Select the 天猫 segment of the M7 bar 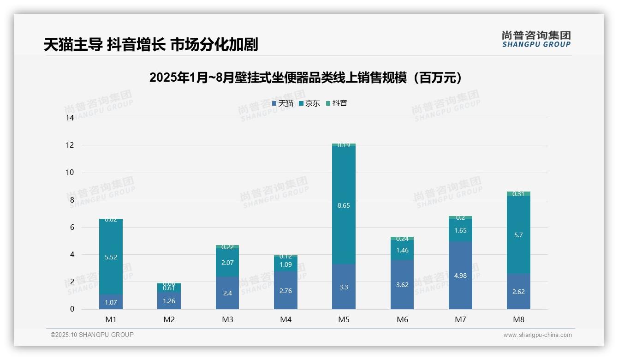pyautogui.click(x=460, y=275)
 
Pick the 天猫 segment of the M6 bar pyautogui.click(x=402, y=284)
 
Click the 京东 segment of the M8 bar pyautogui.click(x=518, y=234)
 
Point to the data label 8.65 pyautogui.click(x=344, y=206)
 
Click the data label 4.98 pyautogui.click(x=460, y=276)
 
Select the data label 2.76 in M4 pyautogui.click(x=285, y=291)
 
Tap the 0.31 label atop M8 pyautogui.click(x=518, y=194)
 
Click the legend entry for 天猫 pyautogui.click(x=283, y=103)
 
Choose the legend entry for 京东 pyautogui.click(x=309, y=103)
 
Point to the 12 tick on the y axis pyautogui.click(x=70, y=145)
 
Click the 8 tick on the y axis pyautogui.click(x=71, y=200)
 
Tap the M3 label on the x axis pyautogui.click(x=227, y=319)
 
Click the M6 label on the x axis pyautogui.click(x=402, y=319)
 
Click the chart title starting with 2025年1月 pyautogui.click(x=306, y=78)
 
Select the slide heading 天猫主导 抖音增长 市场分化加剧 pyautogui.click(x=151, y=45)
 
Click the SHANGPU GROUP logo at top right pyautogui.click(x=536, y=39)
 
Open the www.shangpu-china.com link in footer pyautogui.click(x=537, y=335)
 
